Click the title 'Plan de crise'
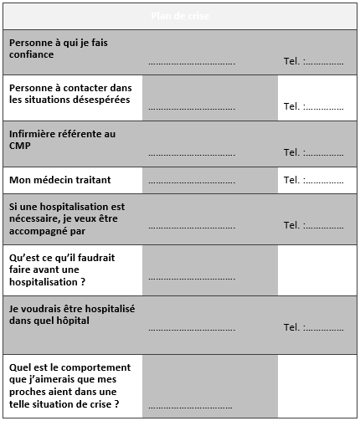(x=180, y=17)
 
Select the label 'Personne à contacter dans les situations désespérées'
(x=69, y=93)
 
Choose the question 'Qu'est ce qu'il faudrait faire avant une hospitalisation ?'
(x=59, y=270)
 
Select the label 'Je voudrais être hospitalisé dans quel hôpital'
(x=72, y=314)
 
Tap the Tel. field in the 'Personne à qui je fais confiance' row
(x=313, y=62)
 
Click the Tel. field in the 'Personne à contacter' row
(x=313, y=107)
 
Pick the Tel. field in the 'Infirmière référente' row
(x=313, y=152)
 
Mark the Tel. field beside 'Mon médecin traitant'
(x=313, y=180)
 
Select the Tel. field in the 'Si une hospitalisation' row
(x=313, y=225)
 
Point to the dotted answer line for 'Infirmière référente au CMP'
(x=192, y=154)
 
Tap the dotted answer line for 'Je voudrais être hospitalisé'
(x=192, y=330)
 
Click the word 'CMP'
(x=21, y=146)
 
